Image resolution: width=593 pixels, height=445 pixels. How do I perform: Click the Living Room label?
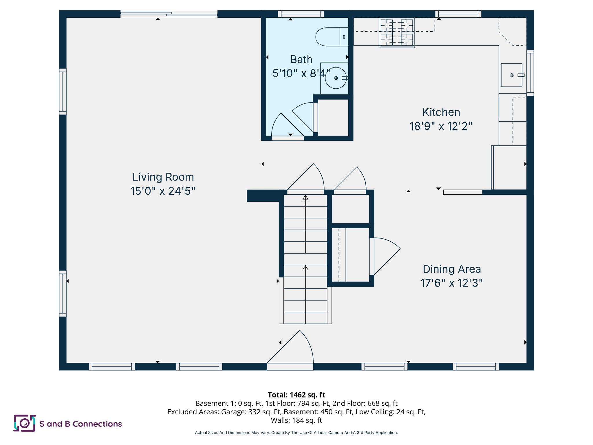coord(163,177)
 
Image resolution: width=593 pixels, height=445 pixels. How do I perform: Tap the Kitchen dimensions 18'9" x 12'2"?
coord(441,126)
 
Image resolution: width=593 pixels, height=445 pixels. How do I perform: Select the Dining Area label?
coord(452,269)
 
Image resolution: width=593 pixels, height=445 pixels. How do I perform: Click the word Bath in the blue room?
coord(301,60)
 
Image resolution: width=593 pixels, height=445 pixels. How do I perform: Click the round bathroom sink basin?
coord(336,78)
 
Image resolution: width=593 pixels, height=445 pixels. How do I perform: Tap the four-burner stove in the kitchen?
coord(397,32)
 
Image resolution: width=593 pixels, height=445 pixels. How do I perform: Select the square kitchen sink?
coord(511,75)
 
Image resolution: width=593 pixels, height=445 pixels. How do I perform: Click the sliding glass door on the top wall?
coord(169,14)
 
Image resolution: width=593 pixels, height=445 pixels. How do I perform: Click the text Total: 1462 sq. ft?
coord(296,395)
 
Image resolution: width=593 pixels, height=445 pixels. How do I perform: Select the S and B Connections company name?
coord(80,424)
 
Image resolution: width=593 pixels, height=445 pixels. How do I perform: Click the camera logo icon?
coord(25,423)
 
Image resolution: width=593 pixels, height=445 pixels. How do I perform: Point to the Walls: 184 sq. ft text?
coord(296,420)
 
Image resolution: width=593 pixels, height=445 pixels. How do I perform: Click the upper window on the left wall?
coord(63,92)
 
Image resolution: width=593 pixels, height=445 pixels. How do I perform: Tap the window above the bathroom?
coord(301,14)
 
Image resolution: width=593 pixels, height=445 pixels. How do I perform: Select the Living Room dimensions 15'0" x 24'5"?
coord(163,191)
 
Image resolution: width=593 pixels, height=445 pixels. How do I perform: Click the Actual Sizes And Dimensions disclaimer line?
coord(296,433)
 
